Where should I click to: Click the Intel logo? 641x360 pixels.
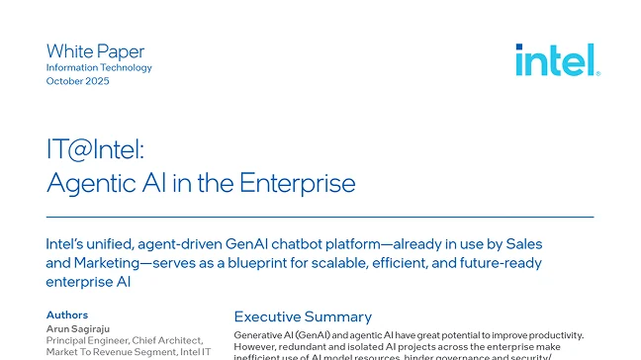557,59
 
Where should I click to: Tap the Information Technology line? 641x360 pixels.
99,67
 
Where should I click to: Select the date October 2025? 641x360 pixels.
78,81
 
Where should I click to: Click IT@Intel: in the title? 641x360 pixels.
95,151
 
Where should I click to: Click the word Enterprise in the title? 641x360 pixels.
296,183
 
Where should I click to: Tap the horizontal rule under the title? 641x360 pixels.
320,216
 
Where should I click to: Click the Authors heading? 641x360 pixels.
67,315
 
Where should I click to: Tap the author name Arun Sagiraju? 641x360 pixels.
82,327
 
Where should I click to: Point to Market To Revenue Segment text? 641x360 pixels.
110,352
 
